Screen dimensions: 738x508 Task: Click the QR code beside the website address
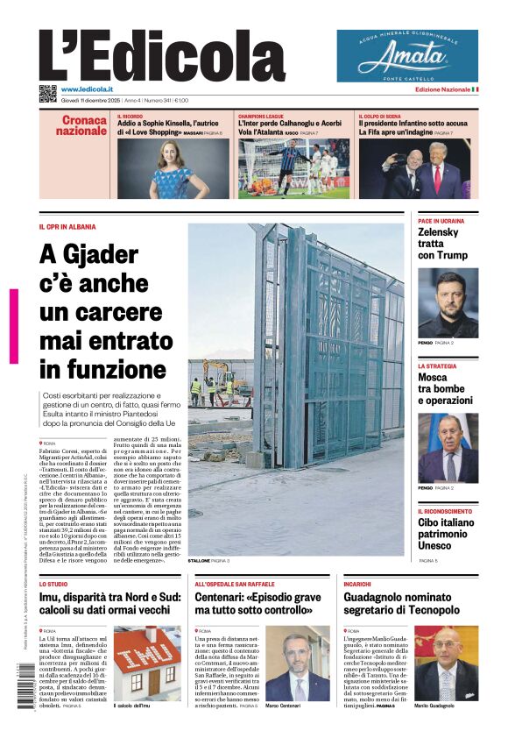[48, 93]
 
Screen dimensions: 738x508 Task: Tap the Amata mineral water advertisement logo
[407, 56]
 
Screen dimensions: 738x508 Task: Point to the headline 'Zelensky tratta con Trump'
[442, 244]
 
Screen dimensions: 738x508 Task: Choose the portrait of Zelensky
[448, 302]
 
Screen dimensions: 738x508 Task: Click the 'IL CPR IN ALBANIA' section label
[67, 227]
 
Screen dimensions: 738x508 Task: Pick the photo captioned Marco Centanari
[297, 663]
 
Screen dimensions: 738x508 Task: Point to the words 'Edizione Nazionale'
[442, 89]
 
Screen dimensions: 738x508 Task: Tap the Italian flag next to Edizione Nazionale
[475, 89]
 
